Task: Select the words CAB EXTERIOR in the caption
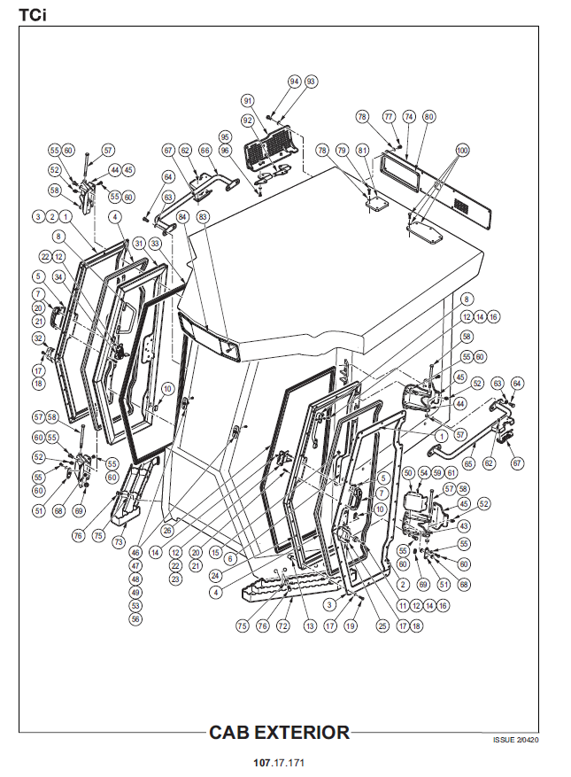(x=279, y=733)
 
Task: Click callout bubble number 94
(x=296, y=81)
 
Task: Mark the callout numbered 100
(x=460, y=150)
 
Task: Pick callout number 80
(x=429, y=116)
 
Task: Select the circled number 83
(x=203, y=216)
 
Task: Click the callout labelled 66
(x=204, y=151)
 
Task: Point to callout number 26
(x=167, y=530)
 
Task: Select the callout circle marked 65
(x=468, y=462)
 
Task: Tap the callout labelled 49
(x=135, y=592)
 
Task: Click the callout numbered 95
(x=225, y=136)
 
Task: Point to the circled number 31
(x=138, y=243)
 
